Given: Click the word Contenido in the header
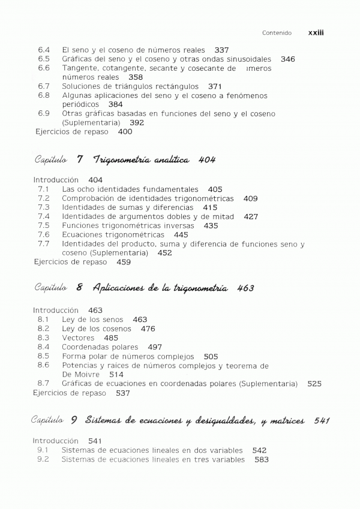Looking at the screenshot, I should pos(277,34).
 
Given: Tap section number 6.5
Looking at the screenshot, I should pos(43,59).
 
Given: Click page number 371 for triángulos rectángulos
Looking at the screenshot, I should pos(215,86).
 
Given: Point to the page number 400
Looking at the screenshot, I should pos(125,131).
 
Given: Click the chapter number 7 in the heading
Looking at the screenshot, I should pos(80,159).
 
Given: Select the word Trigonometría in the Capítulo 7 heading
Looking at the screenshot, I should pos(119,159).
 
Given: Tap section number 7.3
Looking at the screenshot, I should pos(43,207).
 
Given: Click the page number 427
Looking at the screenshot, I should pos(251,216).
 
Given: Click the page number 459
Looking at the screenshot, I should pos(124,262).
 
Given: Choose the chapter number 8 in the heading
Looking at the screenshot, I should pos(79,288).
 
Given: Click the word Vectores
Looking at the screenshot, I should pos(79,338).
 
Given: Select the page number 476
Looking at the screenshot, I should pos(148,329).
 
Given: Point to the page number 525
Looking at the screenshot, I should pos(314,383).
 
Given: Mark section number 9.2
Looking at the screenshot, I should pos(43,459).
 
